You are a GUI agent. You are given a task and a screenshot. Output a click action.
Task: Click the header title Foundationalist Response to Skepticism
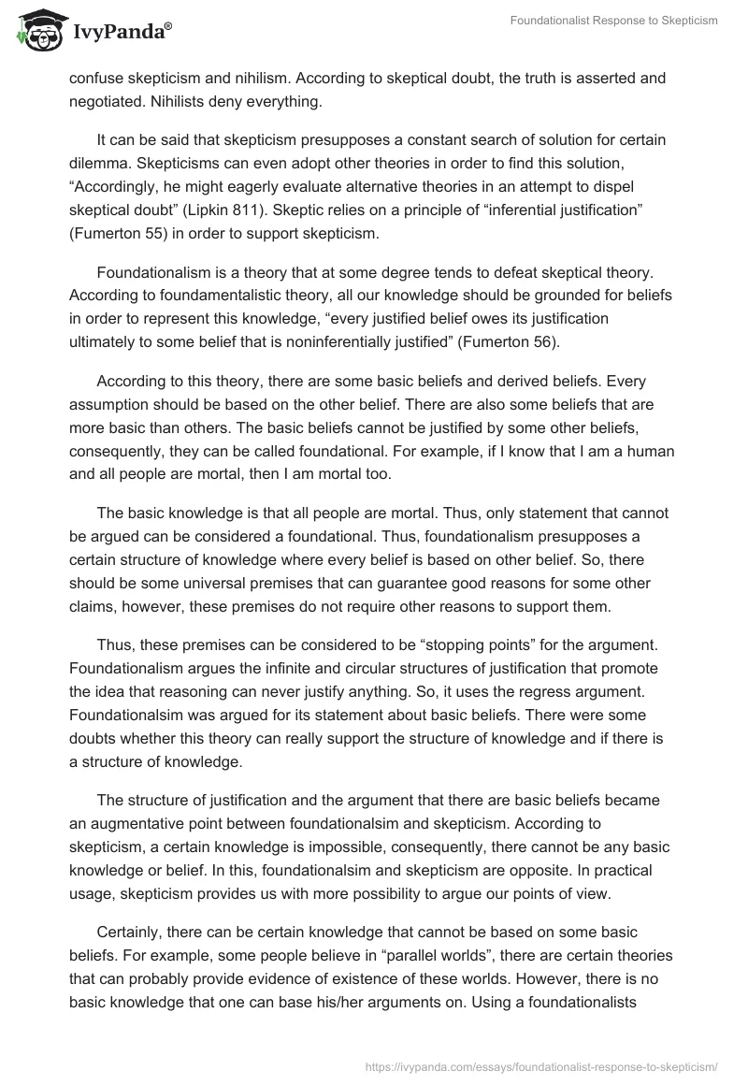coord(613,22)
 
